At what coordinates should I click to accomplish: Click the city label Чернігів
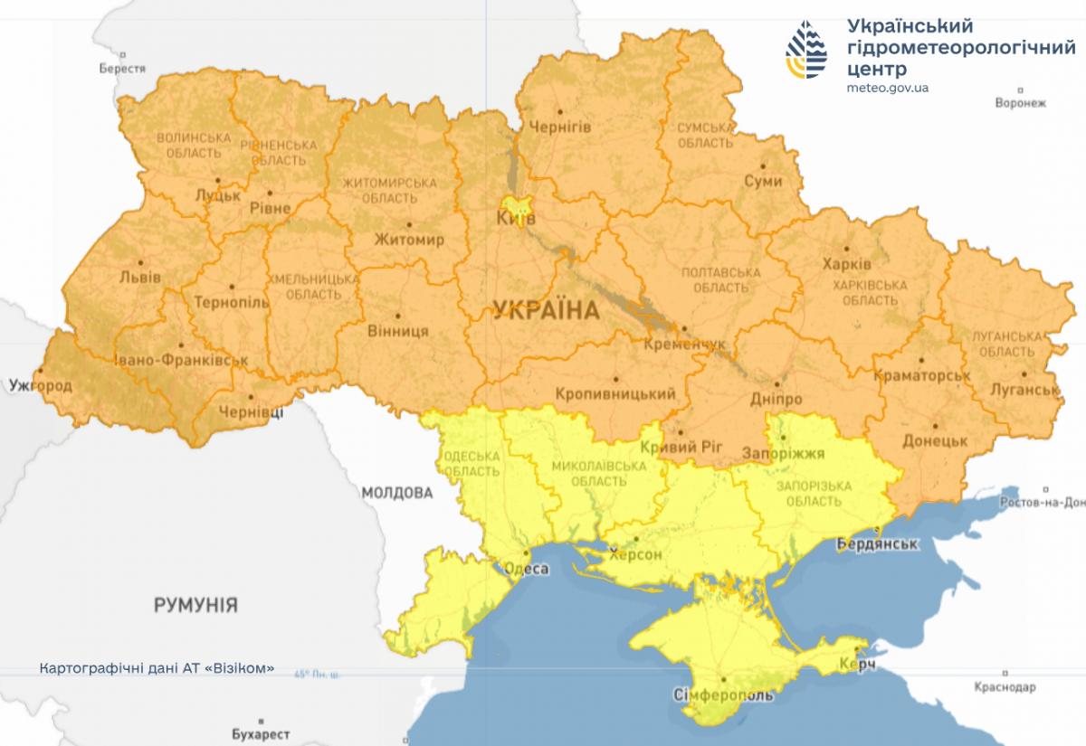click(559, 127)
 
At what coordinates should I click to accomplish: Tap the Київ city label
click(516, 219)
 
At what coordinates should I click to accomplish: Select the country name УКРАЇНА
click(546, 311)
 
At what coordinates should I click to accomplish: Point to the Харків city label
click(847, 265)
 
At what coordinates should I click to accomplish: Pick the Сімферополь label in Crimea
click(724, 695)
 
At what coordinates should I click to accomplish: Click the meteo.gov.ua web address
click(888, 88)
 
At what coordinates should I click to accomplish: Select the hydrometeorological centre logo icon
click(805, 50)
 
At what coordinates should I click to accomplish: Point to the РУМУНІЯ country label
click(195, 605)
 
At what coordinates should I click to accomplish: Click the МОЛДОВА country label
click(396, 493)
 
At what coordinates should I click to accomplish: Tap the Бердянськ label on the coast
click(878, 545)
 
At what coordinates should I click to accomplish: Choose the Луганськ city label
click(1025, 390)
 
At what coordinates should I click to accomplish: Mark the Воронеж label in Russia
click(1020, 103)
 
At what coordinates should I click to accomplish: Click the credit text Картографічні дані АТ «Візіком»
click(157, 670)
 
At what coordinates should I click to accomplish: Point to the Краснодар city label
click(1005, 687)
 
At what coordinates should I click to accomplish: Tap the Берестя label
click(122, 69)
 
